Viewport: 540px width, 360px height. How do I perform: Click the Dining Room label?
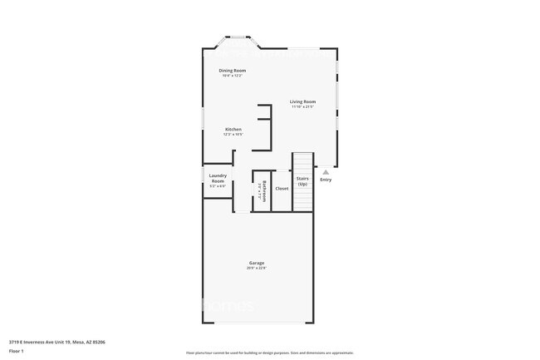[232, 71]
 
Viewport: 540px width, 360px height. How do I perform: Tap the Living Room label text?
[302, 101]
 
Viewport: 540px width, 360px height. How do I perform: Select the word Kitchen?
[233, 129]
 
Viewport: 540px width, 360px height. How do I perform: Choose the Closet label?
[282, 189]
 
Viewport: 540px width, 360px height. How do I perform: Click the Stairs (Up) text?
[302, 180]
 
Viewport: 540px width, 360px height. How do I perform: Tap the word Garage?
[256, 263]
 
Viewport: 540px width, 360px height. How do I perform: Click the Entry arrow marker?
[326, 172]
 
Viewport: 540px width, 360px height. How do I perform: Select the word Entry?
[326, 180]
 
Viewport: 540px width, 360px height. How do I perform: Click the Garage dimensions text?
[256, 268]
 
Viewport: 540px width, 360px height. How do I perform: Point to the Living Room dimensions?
[302, 106]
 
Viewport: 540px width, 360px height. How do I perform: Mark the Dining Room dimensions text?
[232, 76]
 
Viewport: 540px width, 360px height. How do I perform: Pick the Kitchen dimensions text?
[233, 134]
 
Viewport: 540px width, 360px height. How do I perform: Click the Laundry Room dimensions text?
[218, 185]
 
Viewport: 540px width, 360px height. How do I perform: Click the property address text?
[56, 341]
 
